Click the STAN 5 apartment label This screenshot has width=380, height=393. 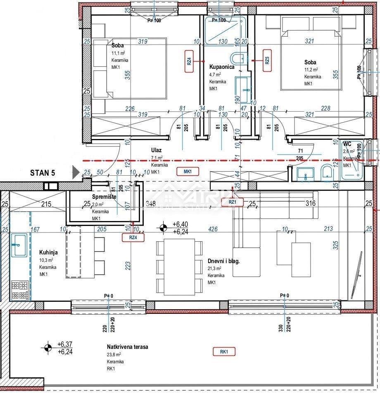(x=43, y=172)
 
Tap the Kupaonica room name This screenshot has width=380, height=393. (x=222, y=66)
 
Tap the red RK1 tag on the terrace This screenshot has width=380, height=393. (x=224, y=352)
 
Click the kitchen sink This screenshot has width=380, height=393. (x=19, y=245)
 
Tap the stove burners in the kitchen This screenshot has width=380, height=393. (x=19, y=290)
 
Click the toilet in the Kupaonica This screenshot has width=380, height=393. (x=239, y=59)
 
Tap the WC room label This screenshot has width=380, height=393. (x=347, y=144)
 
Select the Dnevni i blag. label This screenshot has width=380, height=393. (x=224, y=261)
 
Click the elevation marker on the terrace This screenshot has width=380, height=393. (x=48, y=347)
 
